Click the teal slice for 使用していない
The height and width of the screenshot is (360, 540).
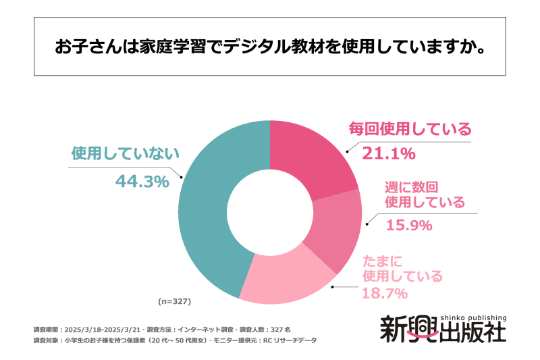coord(202,209)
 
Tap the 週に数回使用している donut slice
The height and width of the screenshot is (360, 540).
coord(334,226)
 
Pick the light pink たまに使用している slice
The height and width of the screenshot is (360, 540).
coord(283,277)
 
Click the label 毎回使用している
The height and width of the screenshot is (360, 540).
coord(409,128)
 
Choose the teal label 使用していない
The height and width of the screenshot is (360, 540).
coord(126,153)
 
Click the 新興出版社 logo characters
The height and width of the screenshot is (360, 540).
coord(442,333)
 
